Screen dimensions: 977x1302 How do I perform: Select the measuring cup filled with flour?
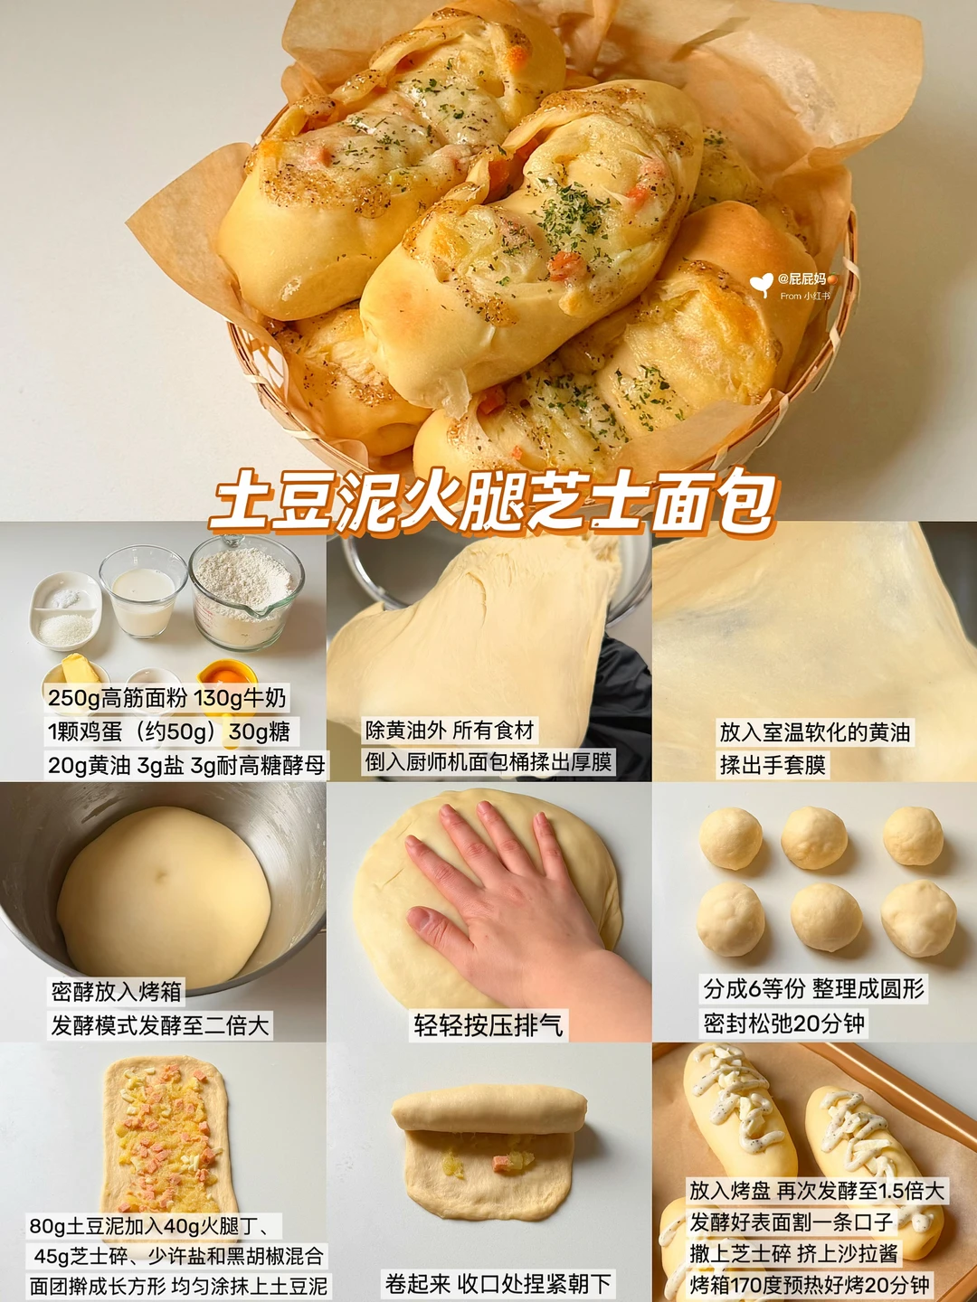pyautogui.click(x=245, y=590)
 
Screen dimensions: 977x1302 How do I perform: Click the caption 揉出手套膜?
pyautogui.click(x=773, y=764)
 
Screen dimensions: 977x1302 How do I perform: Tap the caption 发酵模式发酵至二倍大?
pyautogui.click(x=159, y=1024)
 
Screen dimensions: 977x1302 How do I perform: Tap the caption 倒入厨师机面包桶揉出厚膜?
pyautogui.click(x=488, y=762)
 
